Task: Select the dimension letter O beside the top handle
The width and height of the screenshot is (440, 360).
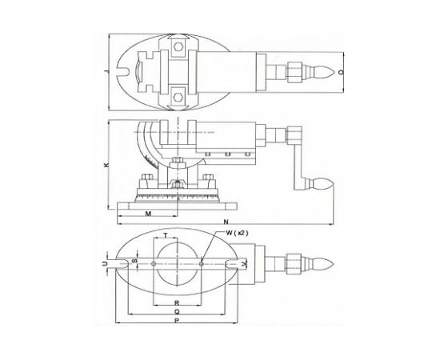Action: pos(340,73)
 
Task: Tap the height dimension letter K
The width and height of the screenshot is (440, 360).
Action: pos(106,166)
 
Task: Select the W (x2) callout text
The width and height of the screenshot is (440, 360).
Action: pos(239,233)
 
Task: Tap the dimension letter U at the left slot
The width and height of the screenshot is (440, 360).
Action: pos(107,261)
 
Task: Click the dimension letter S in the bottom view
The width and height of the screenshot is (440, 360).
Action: pos(134,261)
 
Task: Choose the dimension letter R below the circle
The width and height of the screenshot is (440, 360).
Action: pos(175,303)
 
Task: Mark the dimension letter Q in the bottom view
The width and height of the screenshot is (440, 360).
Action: pos(175,313)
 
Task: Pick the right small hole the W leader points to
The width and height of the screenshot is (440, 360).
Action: pos(204,261)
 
